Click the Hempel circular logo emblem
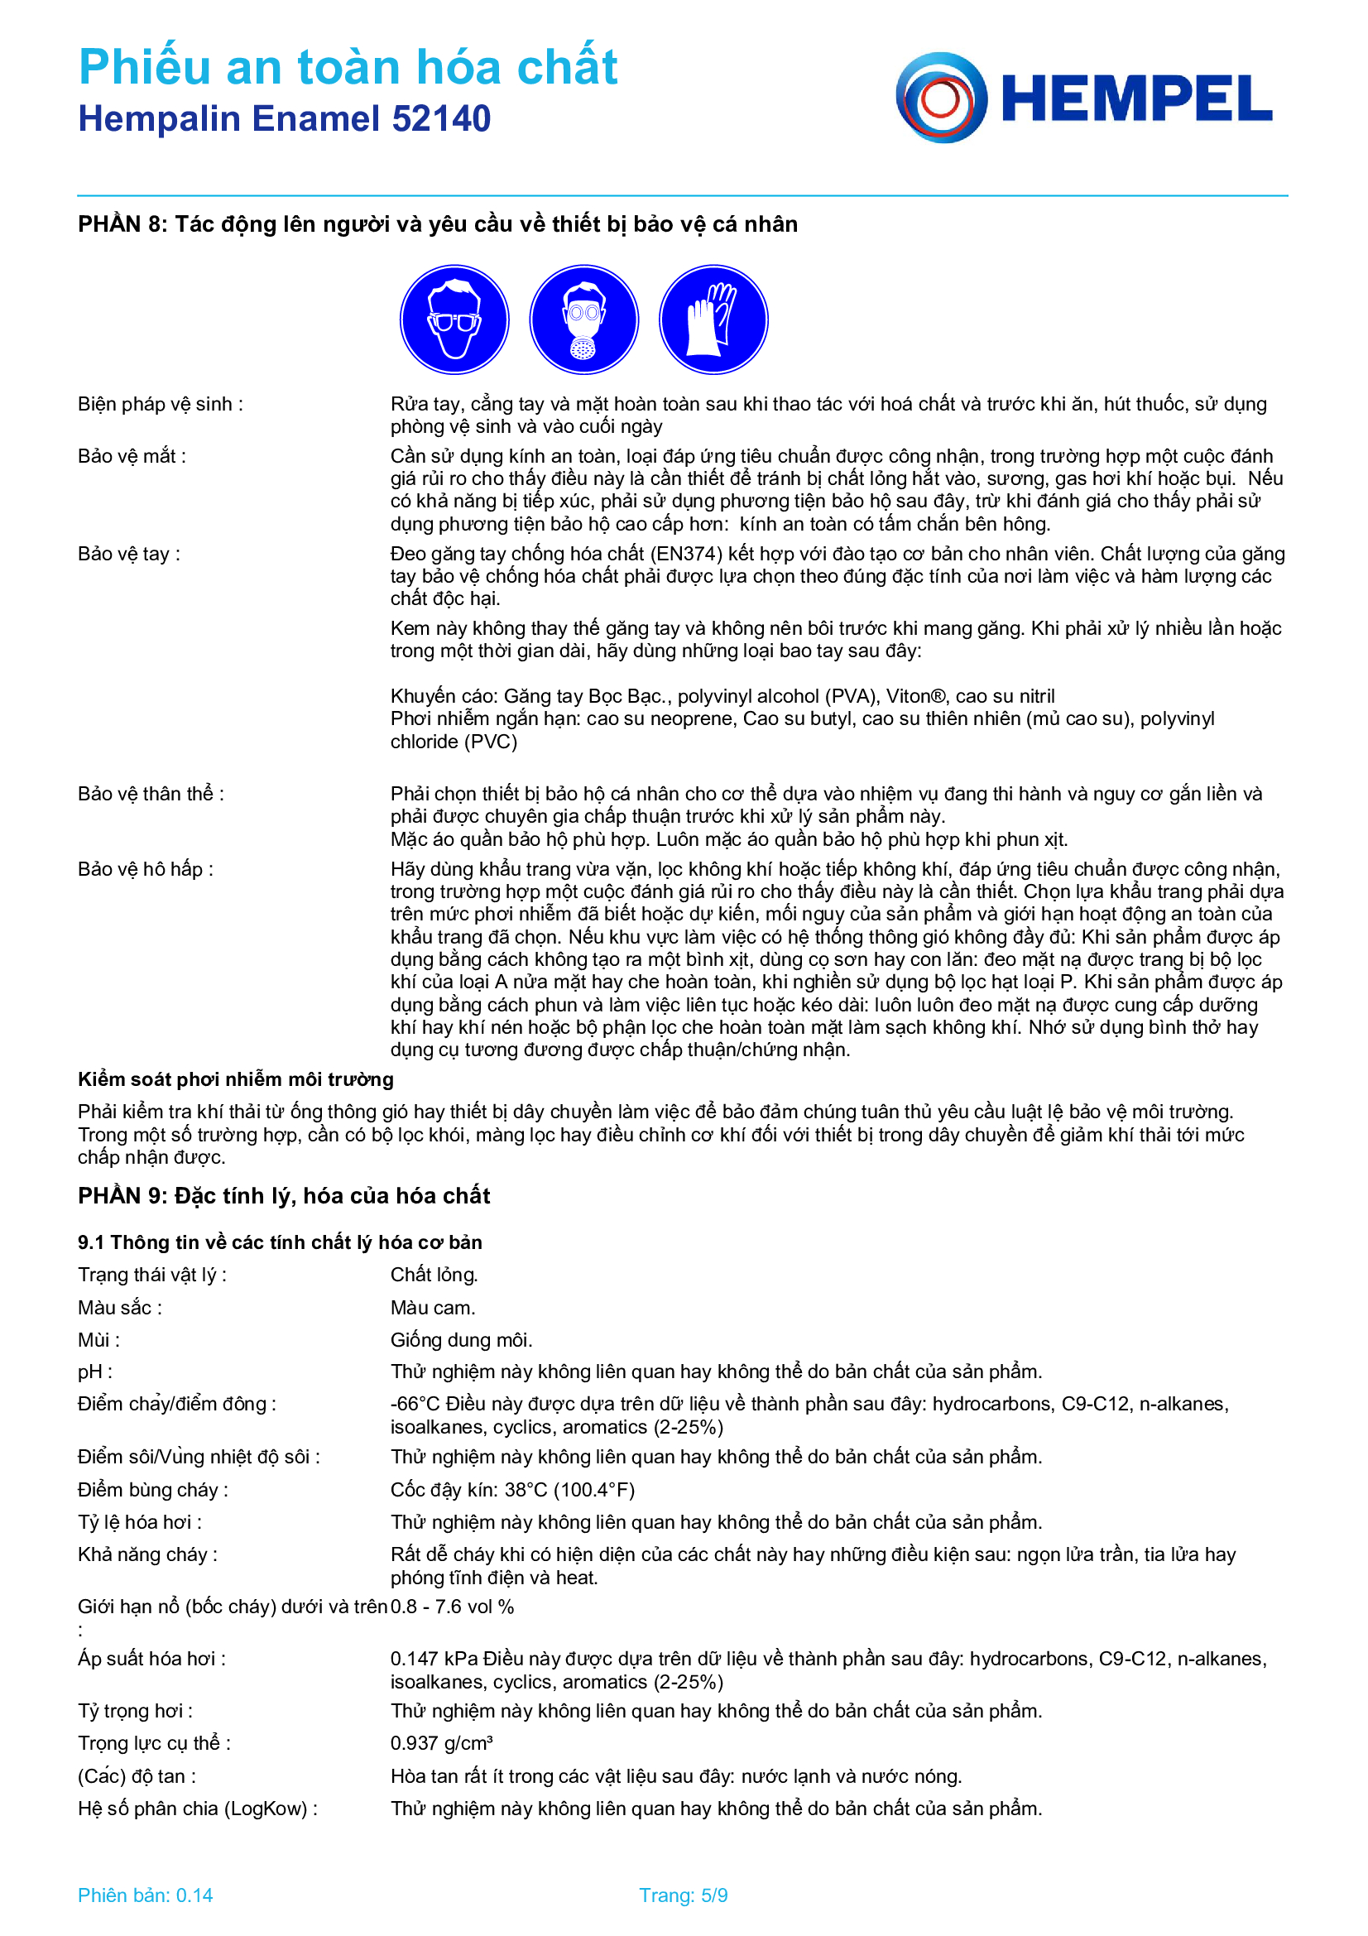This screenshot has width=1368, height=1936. coord(941,98)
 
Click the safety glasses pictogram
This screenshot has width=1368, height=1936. coord(454,319)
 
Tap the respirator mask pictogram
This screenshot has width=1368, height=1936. coord(583,319)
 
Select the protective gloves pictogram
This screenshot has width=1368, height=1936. coord(713,319)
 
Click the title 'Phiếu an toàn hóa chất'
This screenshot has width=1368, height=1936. coord(348,67)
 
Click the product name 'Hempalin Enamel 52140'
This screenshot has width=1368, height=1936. coord(284,119)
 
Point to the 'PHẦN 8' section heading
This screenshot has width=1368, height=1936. coord(438,224)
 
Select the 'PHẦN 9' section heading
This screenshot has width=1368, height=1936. coord(284,1196)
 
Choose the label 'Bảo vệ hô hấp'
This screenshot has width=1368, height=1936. coord(145,869)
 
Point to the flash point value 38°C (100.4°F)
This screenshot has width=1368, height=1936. coord(512,1490)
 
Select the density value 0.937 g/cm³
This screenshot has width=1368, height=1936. coord(441,1744)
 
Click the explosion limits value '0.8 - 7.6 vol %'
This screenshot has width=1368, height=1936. coord(453,1607)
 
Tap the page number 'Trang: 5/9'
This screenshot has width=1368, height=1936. coord(683,1895)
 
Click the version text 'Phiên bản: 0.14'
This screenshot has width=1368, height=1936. coord(145,1895)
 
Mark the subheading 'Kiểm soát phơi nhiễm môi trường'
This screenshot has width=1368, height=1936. coord(236,1080)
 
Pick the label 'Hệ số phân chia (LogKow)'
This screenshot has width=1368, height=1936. coord(197,1809)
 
